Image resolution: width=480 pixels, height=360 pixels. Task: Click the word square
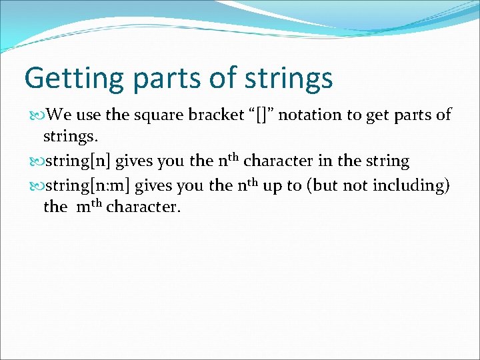coord(159,115)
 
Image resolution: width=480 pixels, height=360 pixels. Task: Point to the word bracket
coord(219,115)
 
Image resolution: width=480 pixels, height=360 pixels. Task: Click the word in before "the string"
coord(342,161)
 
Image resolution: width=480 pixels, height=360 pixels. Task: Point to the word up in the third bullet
coord(271,186)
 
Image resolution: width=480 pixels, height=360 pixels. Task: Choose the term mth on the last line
coord(89,207)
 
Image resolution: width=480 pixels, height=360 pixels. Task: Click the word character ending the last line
coord(143,207)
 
